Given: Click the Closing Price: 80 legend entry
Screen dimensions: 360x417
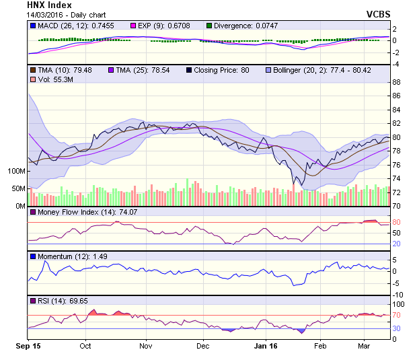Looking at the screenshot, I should (222, 69).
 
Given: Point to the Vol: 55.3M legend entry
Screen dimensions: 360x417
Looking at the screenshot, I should (52, 79).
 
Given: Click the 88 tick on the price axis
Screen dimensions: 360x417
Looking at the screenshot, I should (397, 82).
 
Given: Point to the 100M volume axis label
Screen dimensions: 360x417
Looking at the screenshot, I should (15, 172).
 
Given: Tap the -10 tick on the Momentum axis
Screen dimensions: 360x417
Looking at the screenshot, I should (399, 294).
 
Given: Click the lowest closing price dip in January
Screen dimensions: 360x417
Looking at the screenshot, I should (293, 184).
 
